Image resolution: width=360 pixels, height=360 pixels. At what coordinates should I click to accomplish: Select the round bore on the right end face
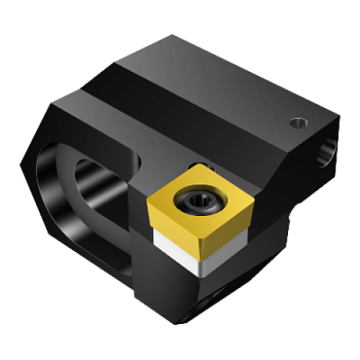tap(324, 150)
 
